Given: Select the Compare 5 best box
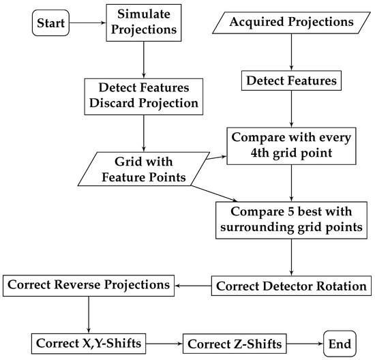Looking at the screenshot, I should (291, 220).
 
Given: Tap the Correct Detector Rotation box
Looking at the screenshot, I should (291, 285).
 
